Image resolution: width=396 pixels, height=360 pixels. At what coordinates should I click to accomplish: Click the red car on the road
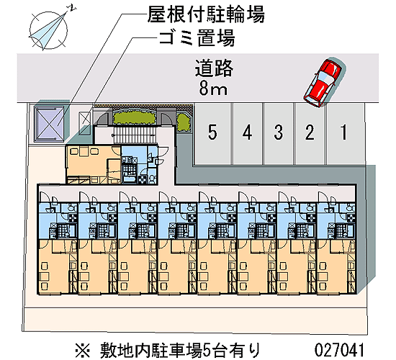pyautogui.click(x=323, y=82)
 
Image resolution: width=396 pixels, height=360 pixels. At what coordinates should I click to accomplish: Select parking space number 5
pyautogui.click(x=212, y=134)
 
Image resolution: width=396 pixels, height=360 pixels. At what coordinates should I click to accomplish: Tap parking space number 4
pyautogui.click(x=247, y=134)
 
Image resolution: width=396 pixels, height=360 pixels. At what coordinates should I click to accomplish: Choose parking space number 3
pyautogui.click(x=279, y=134)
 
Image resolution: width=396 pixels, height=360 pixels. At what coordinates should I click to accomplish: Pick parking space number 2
pyautogui.click(x=310, y=134)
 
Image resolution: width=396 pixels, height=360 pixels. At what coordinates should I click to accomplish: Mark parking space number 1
pyautogui.click(x=345, y=134)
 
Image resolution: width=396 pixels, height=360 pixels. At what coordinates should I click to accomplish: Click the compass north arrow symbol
pyautogui.click(x=49, y=29)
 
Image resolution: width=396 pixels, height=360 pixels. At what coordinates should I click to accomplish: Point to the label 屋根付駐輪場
pyautogui.click(x=206, y=14)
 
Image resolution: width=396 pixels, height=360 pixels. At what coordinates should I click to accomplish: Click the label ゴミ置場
pyautogui.click(x=197, y=38)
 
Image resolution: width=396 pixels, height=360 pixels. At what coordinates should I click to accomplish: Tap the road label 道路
pyautogui.click(x=213, y=68)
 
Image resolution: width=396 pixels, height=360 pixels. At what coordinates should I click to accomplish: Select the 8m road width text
pyautogui.click(x=213, y=89)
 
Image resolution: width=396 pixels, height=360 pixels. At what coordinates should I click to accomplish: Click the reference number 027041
pyautogui.click(x=339, y=350)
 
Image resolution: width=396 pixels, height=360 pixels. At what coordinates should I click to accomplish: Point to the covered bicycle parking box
pyautogui.click(x=49, y=124)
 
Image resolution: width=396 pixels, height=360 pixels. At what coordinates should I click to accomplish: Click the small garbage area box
pyautogui.click(x=85, y=123)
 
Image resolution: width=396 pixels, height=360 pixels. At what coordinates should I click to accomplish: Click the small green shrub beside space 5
pyautogui.click(x=183, y=122)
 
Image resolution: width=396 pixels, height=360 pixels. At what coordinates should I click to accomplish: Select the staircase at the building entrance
pyautogui.click(x=134, y=135)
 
